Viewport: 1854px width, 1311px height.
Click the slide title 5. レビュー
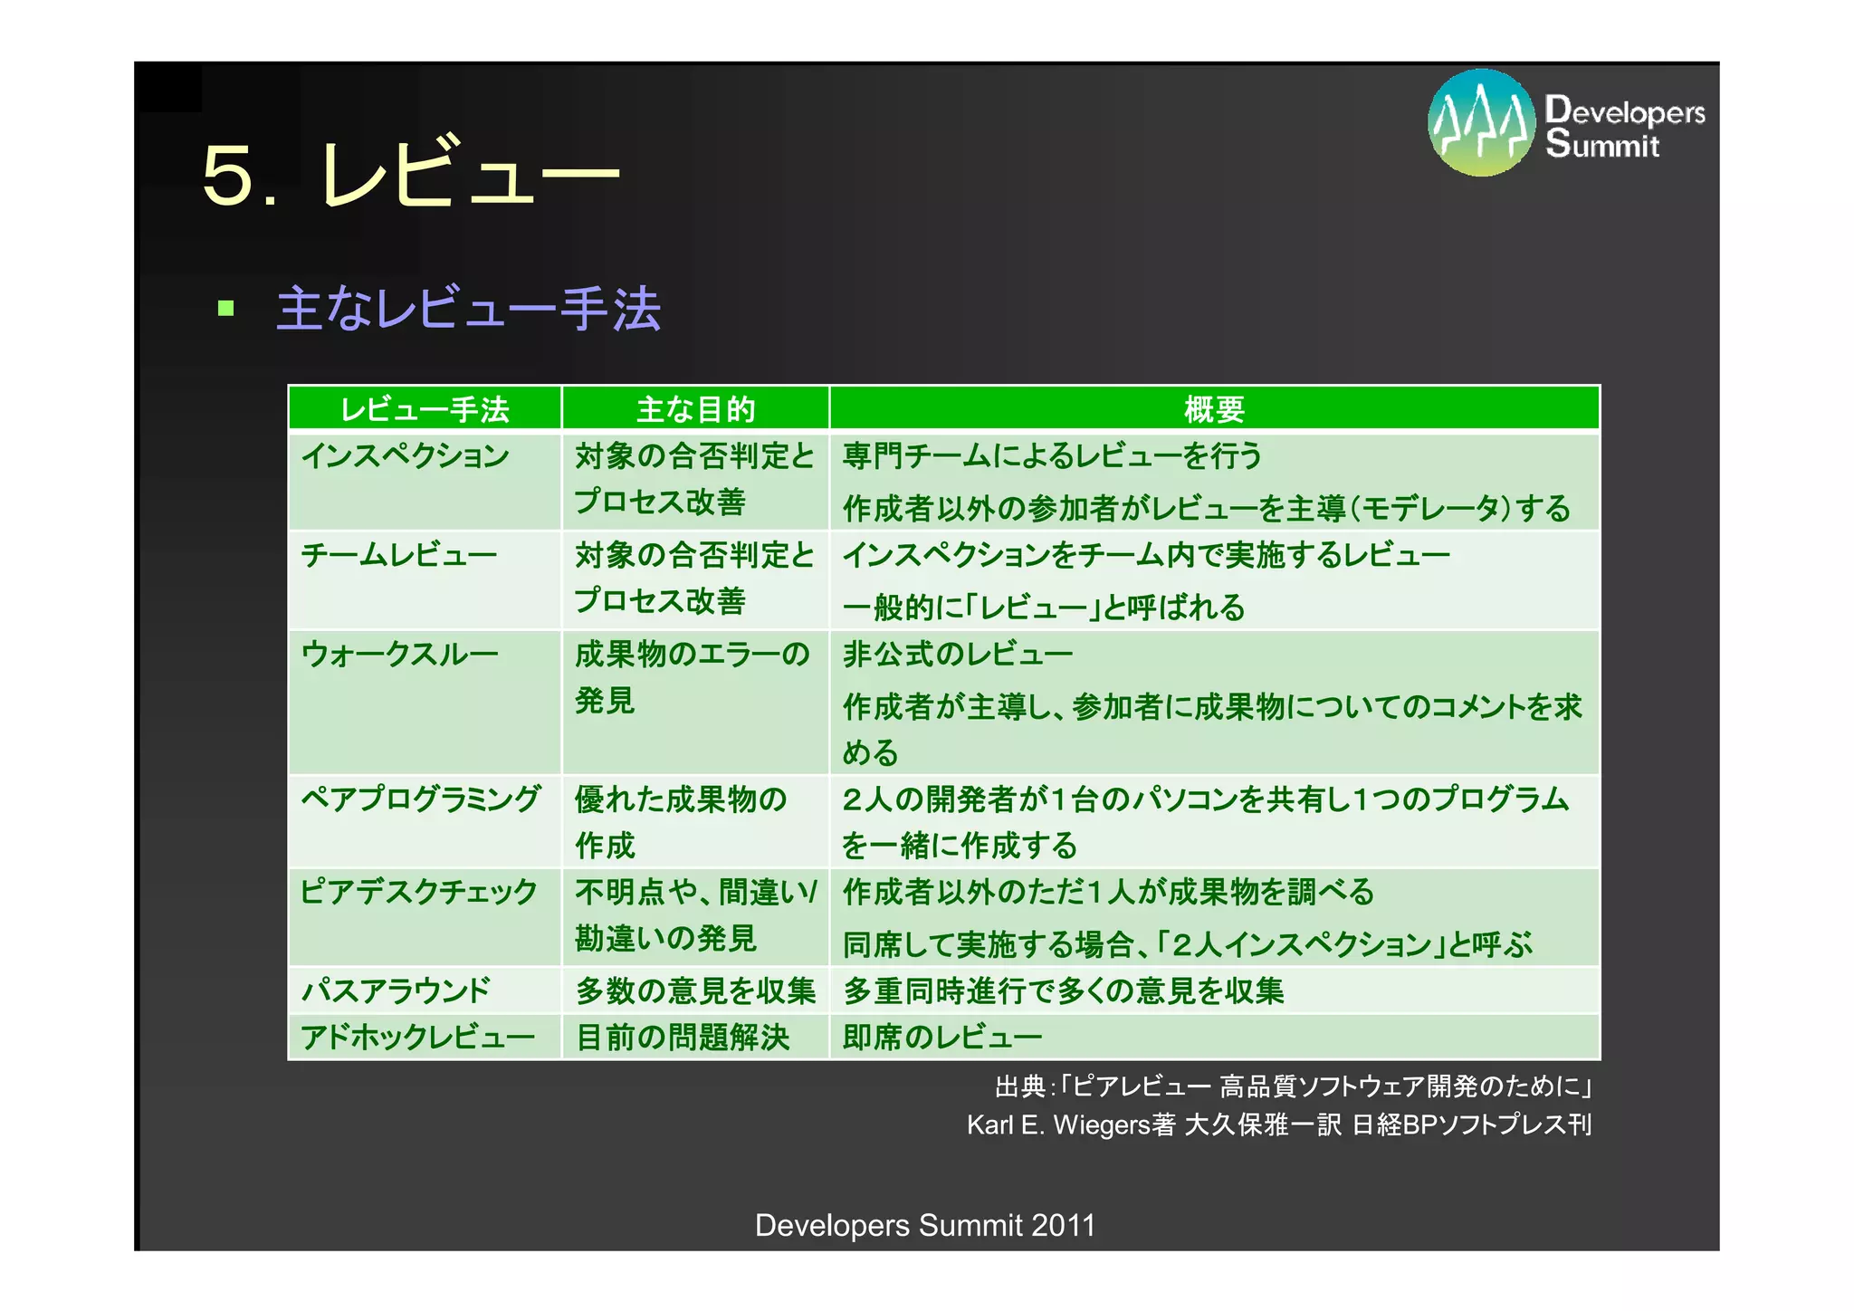tap(411, 174)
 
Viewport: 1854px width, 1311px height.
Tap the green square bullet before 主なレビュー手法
tap(226, 310)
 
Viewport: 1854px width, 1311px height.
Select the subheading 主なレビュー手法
tap(468, 310)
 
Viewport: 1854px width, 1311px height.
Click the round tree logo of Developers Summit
tap(1481, 123)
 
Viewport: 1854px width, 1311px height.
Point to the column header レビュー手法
tap(425, 409)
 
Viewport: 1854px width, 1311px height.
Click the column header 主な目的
tap(695, 409)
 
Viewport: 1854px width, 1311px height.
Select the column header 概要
tap(1214, 409)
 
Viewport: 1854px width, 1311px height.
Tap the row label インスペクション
tap(405, 455)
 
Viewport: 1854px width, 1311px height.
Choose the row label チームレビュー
tap(399, 554)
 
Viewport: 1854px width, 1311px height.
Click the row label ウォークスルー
tap(399, 654)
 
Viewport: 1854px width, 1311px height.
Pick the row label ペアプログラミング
tap(421, 799)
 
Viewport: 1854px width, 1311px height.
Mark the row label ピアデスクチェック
tap(418, 892)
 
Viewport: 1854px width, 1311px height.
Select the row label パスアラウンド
tap(396, 990)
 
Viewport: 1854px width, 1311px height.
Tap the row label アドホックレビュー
tap(417, 1037)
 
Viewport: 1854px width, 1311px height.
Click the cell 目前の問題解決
tap(683, 1037)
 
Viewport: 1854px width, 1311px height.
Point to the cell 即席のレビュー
tap(942, 1037)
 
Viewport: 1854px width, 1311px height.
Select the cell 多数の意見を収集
tap(695, 990)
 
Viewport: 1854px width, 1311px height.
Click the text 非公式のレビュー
tap(958, 654)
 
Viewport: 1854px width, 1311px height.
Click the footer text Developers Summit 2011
tap(925, 1225)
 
